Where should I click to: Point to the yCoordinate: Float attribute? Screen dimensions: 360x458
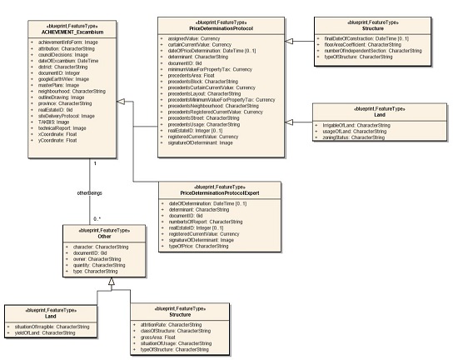[56, 139]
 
